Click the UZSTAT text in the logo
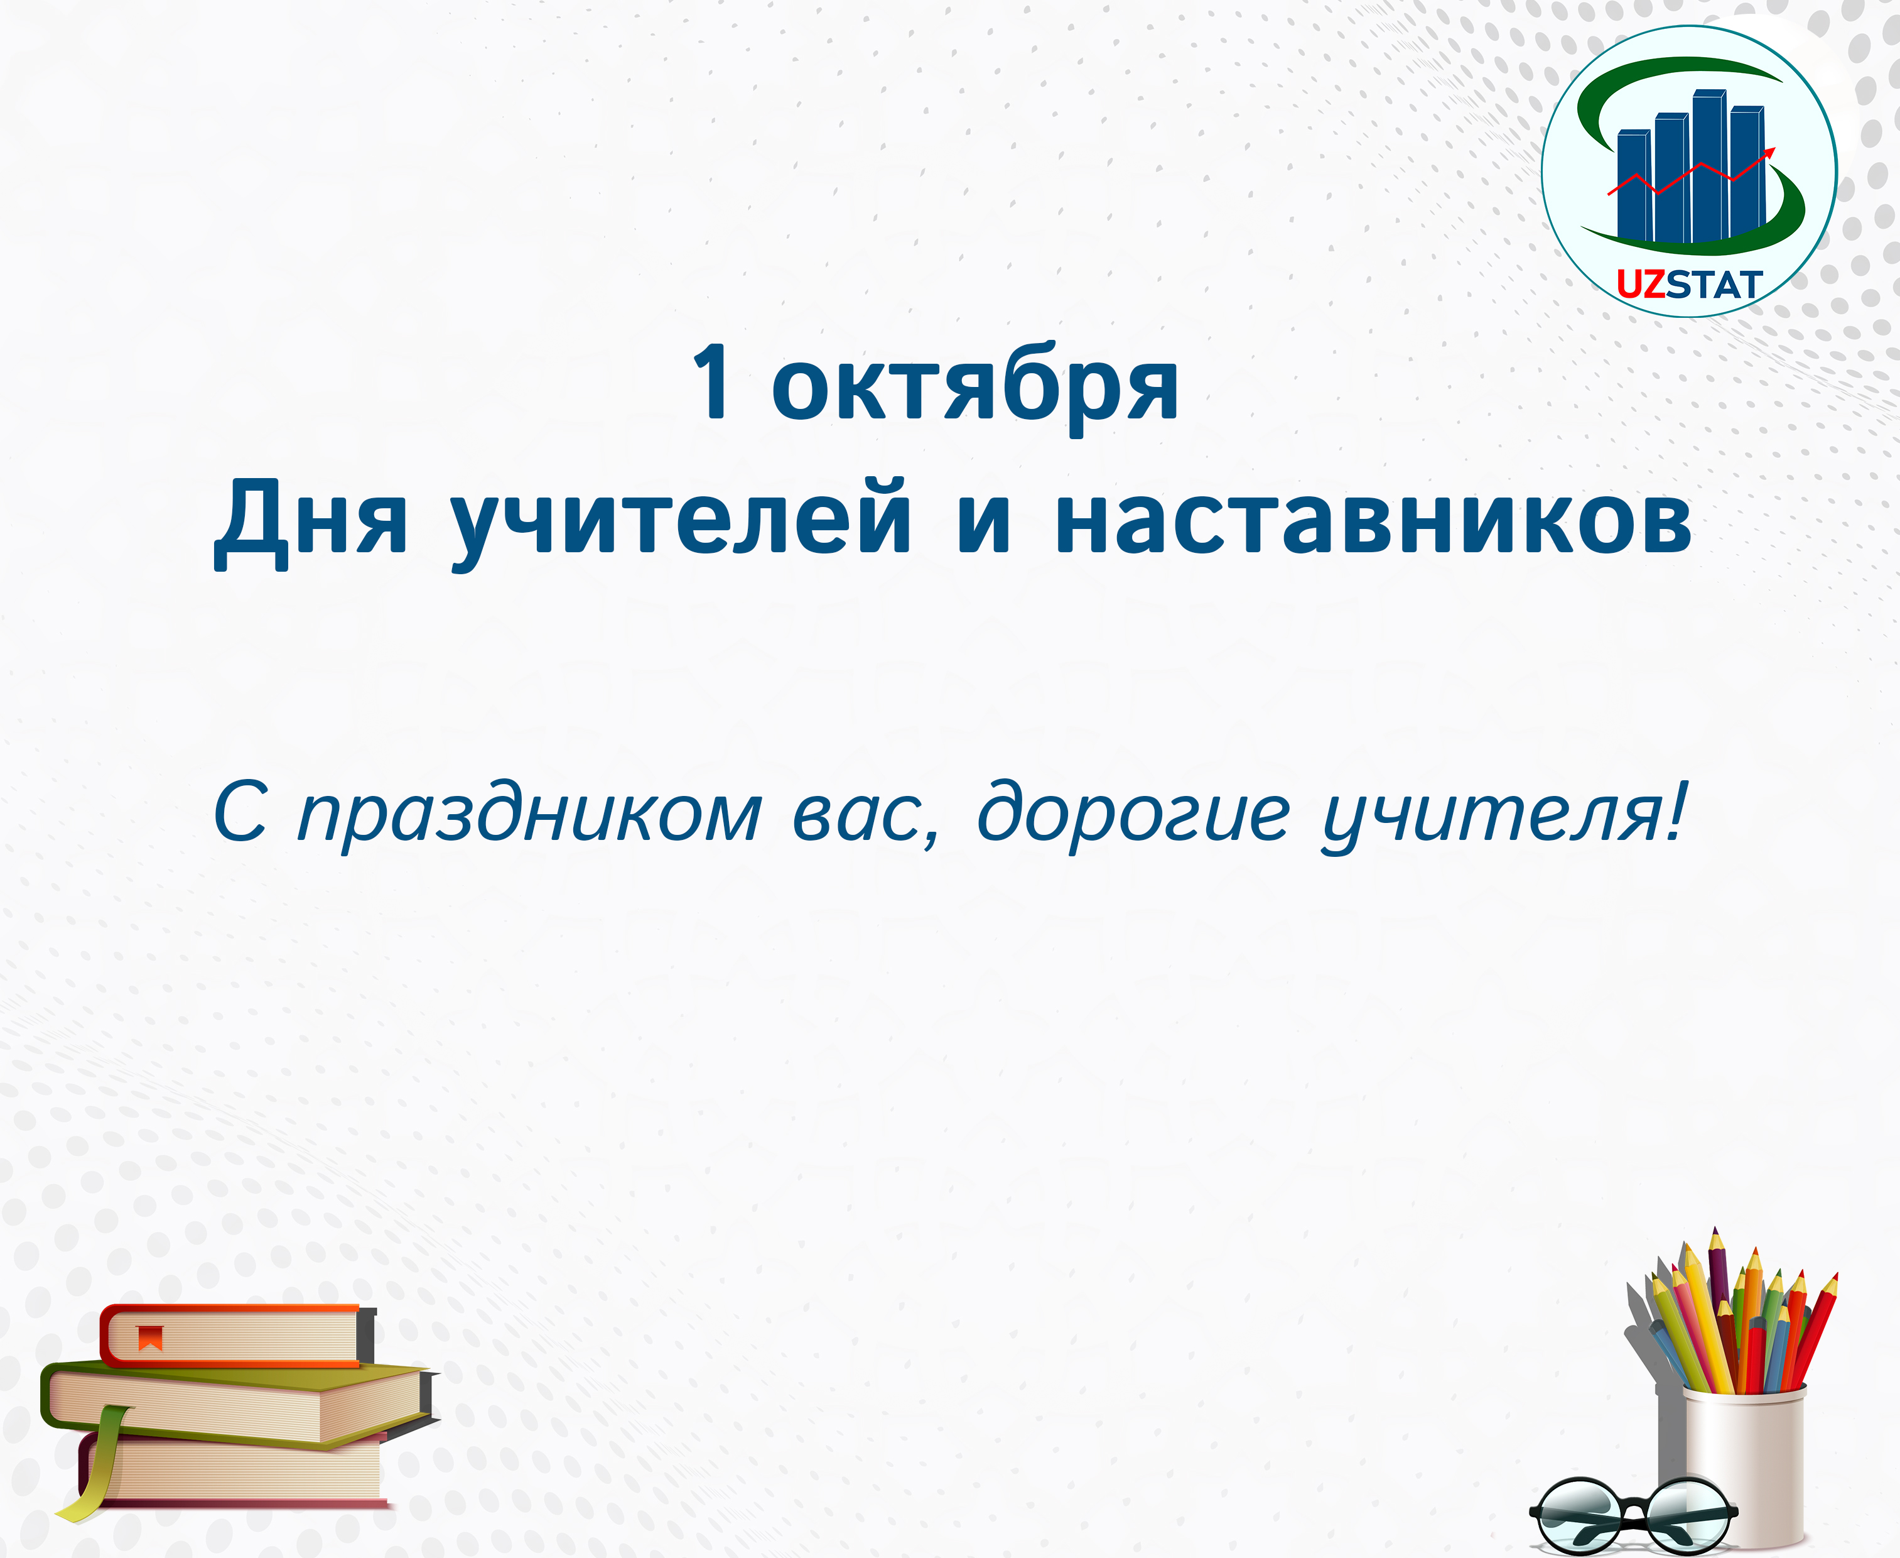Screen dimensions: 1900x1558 (1689, 285)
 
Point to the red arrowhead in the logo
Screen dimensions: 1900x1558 (1768, 153)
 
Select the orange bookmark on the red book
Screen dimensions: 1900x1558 (150, 1337)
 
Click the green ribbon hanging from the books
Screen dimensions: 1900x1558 (97, 1463)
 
